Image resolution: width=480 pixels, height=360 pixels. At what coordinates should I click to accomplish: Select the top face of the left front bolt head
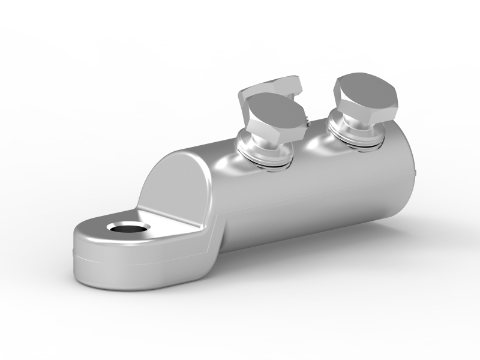point(274,112)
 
